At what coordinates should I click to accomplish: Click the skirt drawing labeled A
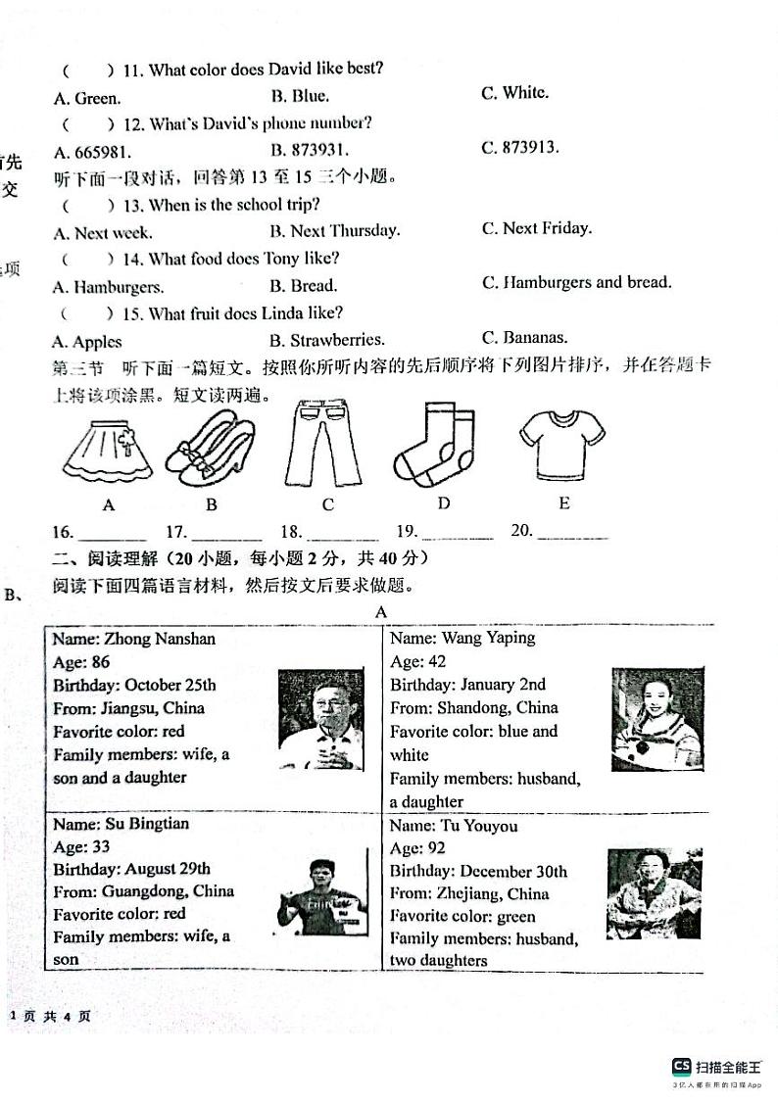click(109, 450)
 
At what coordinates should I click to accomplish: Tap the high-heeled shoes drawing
click(210, 450)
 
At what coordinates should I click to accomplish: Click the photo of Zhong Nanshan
click(320, 719)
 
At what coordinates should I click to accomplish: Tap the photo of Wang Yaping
click(650, 720)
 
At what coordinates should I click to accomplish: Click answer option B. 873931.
click(309, 150)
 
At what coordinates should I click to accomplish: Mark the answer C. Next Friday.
click(537, 228)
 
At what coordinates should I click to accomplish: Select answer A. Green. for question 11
click(87, 97)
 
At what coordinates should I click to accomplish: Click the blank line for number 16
click(112, 535)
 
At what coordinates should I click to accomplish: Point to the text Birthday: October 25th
click(134, 685)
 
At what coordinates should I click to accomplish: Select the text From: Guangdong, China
click(143, 891)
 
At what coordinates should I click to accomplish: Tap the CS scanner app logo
click(681, 1067)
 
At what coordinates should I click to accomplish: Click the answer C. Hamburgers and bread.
click(576, 282)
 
